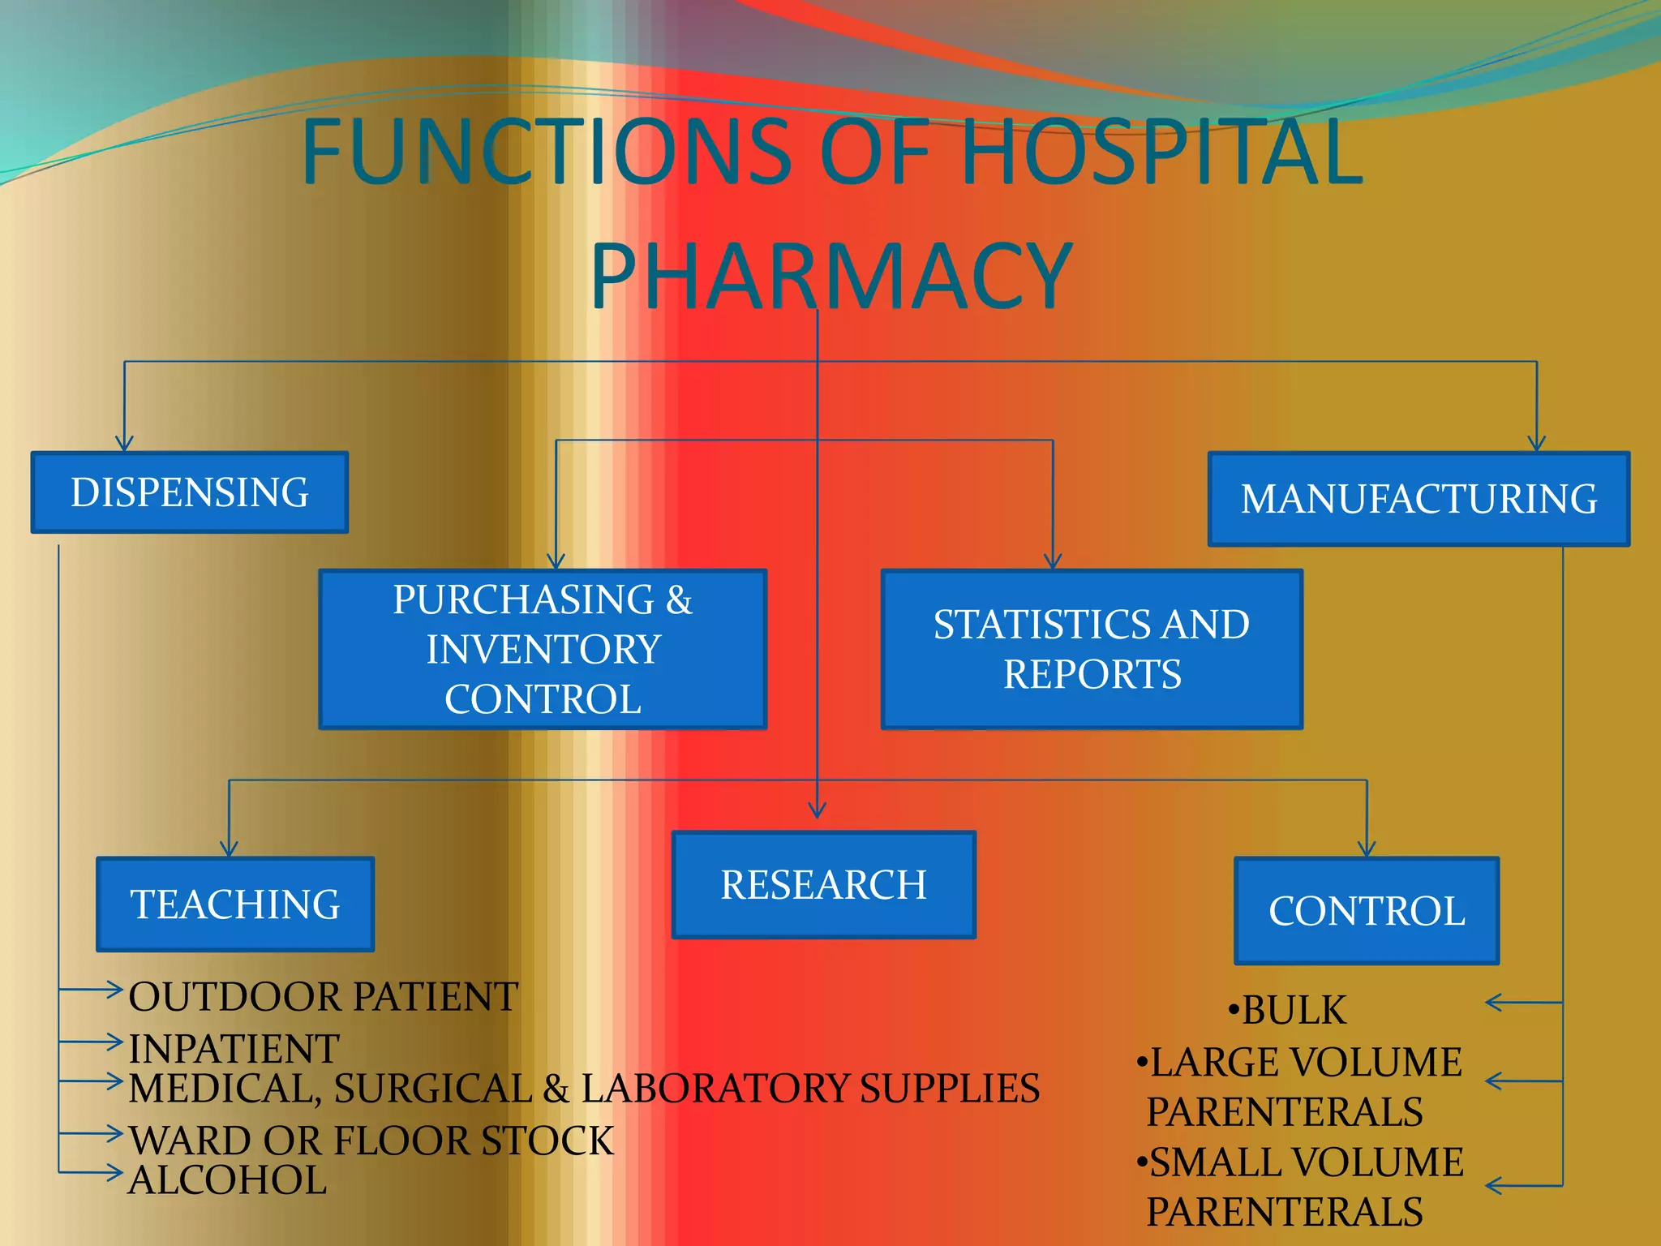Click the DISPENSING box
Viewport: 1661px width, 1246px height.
tap(189, 492)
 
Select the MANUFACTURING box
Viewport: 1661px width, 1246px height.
tap(1419, 499)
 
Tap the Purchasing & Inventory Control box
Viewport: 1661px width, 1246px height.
tap(543, 649)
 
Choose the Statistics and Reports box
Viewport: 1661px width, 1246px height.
tap(1092, 649)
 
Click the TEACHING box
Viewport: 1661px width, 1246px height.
tap(235, 904)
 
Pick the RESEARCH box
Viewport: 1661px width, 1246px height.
tap(823, 884)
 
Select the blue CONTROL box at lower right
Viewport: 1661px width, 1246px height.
tap(1367, 910)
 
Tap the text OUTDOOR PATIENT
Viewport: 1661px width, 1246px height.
tap(323, 997)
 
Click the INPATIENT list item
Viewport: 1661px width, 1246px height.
tap(234, 1048)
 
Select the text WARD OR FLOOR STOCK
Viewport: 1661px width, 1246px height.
tap(371, 1141)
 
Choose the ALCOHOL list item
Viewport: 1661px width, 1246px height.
tap(227, 1179)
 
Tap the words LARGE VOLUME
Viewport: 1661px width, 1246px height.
tap(1305, 1063)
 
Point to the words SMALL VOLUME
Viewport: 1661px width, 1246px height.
tap(1306, 1162)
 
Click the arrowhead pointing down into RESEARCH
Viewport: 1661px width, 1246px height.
tap(818, 810)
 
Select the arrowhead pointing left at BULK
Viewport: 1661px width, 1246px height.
tap(1495, 1003)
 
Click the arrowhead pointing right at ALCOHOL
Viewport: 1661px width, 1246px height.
tap(114, 1172)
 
